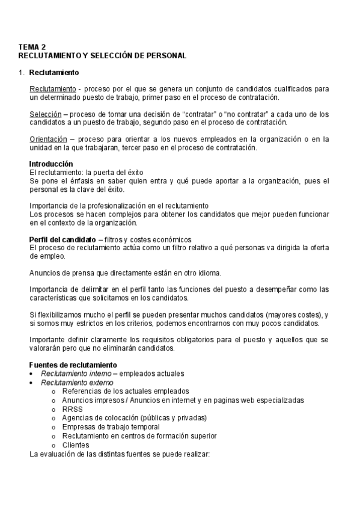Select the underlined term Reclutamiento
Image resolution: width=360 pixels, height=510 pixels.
tap(52, 89)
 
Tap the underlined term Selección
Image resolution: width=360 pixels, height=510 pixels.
tap(46, 114)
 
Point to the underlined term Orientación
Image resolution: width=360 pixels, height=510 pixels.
tap(49, 140)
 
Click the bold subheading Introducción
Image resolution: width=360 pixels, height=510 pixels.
tap(51, 164)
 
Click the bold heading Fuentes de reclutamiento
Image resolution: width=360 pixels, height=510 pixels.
tap(69, 365)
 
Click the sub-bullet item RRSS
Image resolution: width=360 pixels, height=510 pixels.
tap(72, 409)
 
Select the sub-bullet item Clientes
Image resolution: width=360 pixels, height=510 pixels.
tap(76, 445)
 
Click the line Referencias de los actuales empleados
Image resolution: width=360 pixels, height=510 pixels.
tap(125, 391)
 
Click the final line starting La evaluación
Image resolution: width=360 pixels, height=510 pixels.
tap(119, 454)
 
